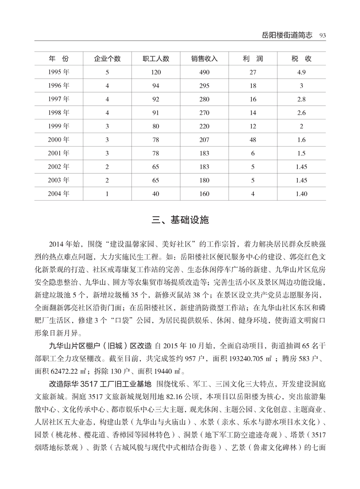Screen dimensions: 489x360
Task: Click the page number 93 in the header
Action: click(323, 35)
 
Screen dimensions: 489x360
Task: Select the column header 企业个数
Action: click(107, 59)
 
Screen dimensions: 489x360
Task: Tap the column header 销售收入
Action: click(204, 59)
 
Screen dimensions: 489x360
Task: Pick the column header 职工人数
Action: click(156, 59)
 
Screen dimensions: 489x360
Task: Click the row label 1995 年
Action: click(59, 72)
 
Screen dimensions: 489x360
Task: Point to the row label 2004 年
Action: click(59, 194)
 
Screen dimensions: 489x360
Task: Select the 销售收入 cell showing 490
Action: click(204, 72)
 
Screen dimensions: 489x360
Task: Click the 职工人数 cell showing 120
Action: click(156, 72)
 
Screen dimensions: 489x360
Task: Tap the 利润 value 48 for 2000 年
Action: click(253, 140)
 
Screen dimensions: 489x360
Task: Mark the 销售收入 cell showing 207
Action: click(204, 140)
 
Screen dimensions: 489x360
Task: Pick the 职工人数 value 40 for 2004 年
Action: click(156, 194)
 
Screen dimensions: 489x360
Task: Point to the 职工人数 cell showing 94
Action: click(156, 86)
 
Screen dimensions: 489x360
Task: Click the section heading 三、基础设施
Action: click(180, 221)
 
